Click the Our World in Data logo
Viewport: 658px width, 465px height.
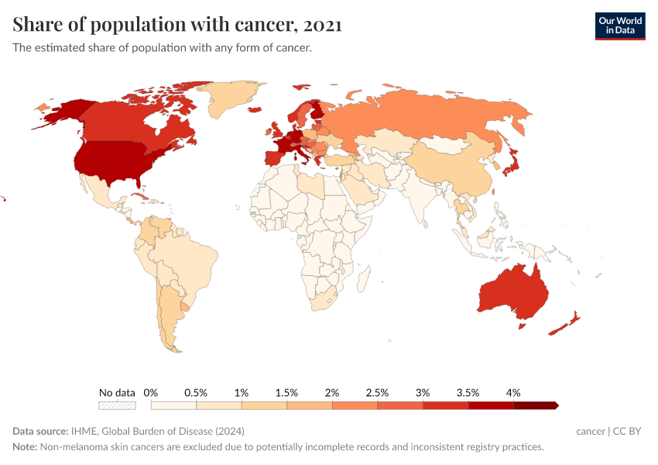[619, 26]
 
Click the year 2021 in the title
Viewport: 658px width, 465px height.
[323, 25]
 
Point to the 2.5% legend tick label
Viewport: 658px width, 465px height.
[377, 393]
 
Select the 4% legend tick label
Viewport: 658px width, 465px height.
[513, 393]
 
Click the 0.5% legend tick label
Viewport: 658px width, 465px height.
[196, 393]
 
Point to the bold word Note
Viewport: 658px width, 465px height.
[25, 447]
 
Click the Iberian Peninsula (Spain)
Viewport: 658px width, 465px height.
[274, 157]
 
